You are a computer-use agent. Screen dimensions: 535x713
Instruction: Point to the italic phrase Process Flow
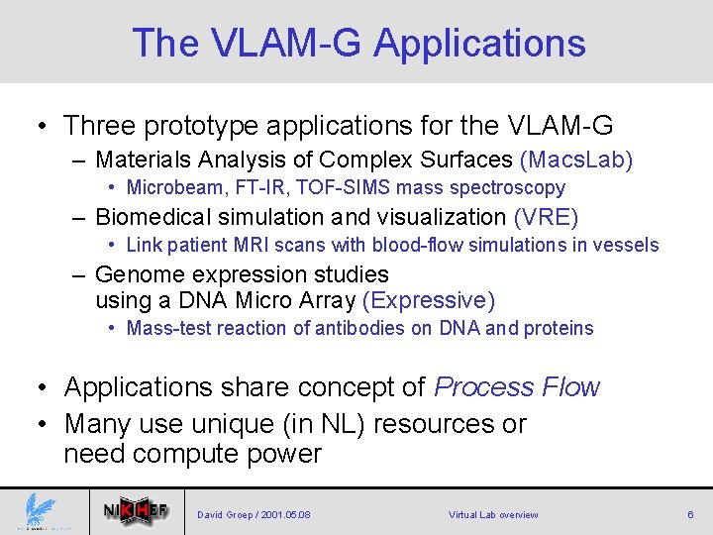517,387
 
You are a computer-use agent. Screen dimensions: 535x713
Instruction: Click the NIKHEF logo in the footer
137,511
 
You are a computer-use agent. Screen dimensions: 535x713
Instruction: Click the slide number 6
690,514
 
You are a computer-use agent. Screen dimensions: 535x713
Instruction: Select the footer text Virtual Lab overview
493,515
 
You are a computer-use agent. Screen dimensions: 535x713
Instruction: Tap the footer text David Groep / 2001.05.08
254,515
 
